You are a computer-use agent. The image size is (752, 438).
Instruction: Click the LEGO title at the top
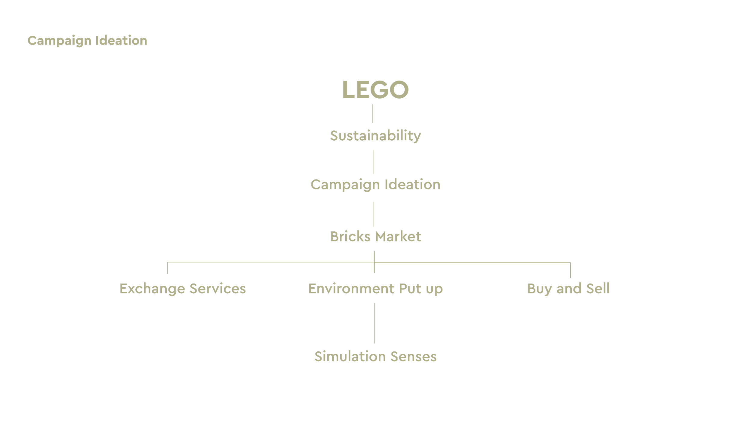[x=375, y=90]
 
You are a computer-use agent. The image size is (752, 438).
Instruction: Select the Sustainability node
[x=375, y=136]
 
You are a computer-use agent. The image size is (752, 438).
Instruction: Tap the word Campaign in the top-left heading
[x=59, y=41]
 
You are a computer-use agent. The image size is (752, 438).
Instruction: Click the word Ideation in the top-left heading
[x=121, y=41]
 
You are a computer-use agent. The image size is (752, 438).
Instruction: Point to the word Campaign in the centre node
[x=345, y=185]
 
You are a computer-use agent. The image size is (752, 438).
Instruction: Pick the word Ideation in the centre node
[x=412, y=184]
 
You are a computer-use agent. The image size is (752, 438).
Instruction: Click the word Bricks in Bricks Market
[x=350, y=237]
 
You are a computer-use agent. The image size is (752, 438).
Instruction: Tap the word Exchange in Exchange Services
[x=152, y=289]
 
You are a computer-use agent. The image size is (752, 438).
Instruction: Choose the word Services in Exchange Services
[x=218, y=289]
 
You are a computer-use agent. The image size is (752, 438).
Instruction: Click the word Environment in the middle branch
[x=351, y=289]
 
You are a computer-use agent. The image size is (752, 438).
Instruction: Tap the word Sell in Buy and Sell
[x=598, y=288]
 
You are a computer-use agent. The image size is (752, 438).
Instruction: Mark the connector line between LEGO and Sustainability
[x=373, y=113]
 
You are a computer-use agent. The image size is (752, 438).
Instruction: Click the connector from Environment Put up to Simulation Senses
[x=374, y=323]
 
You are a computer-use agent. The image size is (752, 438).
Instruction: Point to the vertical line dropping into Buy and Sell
[x=570, y=270]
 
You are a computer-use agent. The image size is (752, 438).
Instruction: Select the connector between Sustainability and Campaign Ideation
[x=374, y=162]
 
